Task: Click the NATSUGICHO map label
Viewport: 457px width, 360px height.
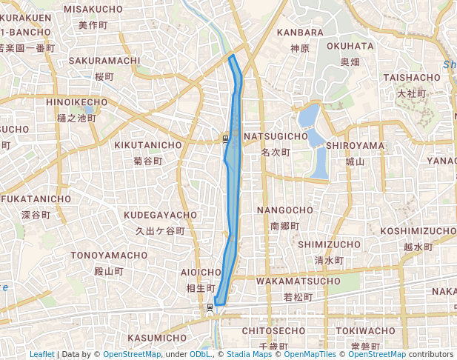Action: pos(276,137)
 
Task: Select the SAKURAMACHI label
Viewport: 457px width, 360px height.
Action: pos(104,61)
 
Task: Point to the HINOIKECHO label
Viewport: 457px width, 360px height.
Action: pos(77,101)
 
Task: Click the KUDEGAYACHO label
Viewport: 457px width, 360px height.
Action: pos(161,215)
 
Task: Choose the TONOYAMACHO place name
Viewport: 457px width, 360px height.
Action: pos(110,256)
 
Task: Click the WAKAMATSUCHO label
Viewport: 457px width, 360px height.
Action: pos(298,281)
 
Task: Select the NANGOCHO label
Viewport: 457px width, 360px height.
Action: pos(285,210)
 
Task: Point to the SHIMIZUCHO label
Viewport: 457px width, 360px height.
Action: pos(329,244)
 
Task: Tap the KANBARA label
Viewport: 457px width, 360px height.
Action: pos(300,33)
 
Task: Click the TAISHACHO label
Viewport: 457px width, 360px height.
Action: pos(412,78)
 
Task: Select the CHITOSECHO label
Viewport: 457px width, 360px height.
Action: pos(274,330)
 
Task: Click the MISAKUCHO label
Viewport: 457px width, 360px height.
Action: pos(93,9)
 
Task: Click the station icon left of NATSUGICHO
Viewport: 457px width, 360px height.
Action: pos(224,137)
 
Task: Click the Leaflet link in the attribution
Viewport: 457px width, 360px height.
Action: pos(41,355)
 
